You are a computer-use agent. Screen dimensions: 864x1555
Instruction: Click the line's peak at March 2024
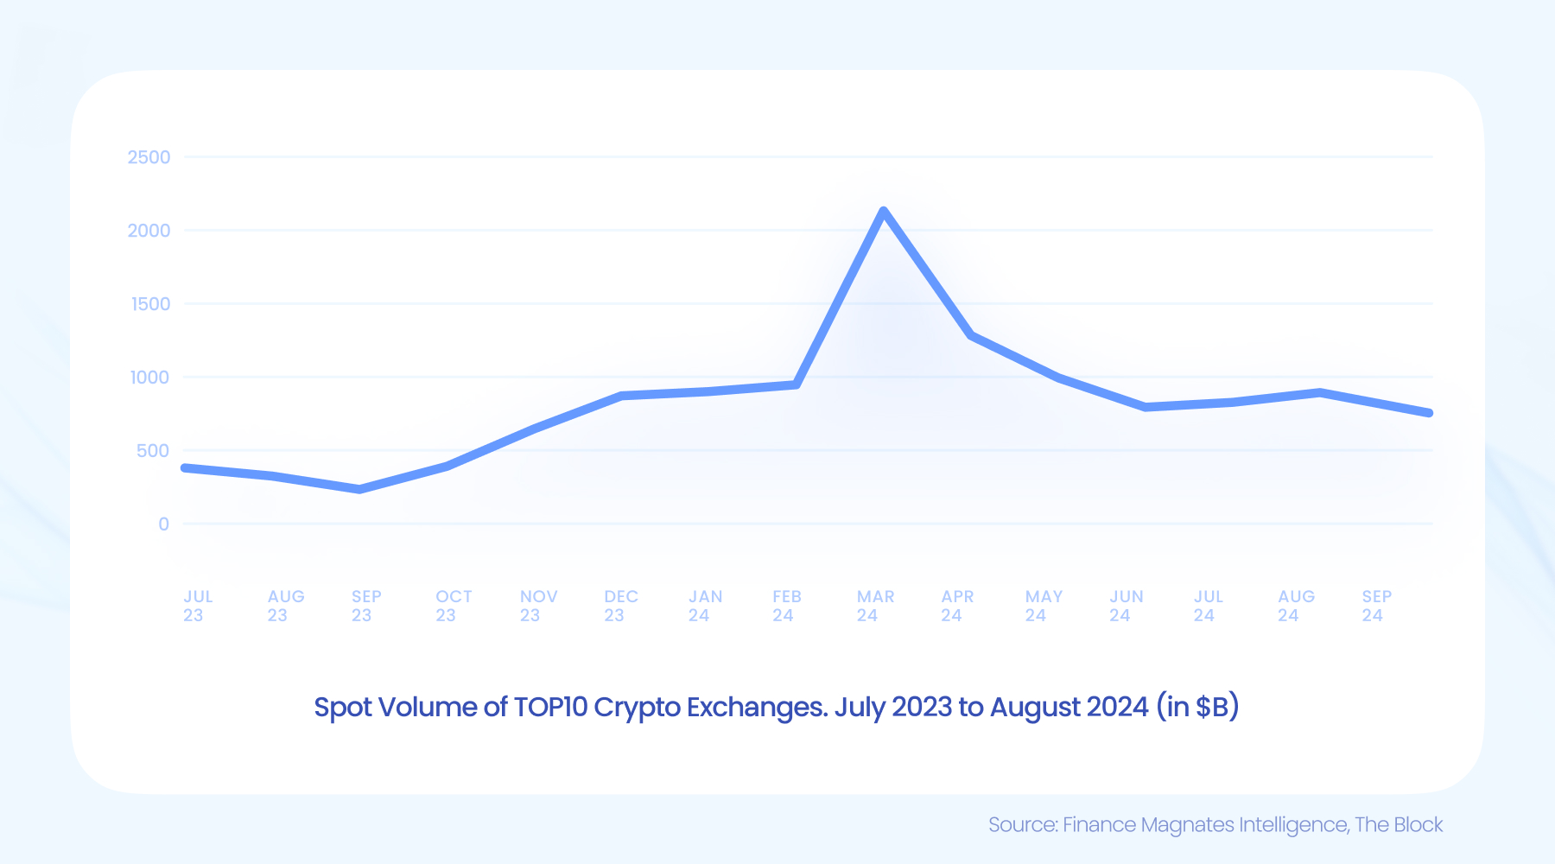[x=883, y=211]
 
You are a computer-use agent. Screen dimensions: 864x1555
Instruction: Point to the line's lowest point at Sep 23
[x=359, y=490]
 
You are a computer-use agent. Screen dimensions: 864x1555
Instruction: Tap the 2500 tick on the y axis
[x=149, y=157]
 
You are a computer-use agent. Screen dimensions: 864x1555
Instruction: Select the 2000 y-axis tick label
[x=149, y=231]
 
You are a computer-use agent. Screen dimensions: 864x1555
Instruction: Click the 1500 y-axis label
[x=150, y=304]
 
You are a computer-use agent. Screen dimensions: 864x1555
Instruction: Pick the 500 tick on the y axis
[x=152, y=451]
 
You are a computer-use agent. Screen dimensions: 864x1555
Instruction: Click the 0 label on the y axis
[x=163, y=524]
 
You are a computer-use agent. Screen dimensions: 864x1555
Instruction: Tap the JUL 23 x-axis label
[x=197, y=606]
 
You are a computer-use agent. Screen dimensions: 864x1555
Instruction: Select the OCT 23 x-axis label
[x=453, y=606]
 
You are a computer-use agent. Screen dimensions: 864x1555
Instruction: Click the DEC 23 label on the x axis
[x=620, y=606]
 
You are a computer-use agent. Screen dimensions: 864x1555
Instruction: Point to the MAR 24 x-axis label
[x=874, y=606]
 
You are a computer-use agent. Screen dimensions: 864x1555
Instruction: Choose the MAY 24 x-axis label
[x=1043, y=606]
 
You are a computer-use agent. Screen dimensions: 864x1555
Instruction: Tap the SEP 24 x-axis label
[x=1376, y=606]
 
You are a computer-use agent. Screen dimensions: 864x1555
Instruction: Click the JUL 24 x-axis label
[x=1208, y=606]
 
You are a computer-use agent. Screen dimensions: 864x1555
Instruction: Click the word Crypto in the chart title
[x=637, y=708]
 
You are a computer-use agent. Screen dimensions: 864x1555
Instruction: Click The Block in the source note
[x=1398, y=825]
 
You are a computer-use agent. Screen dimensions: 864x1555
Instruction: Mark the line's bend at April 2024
[x=972, y=334]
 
